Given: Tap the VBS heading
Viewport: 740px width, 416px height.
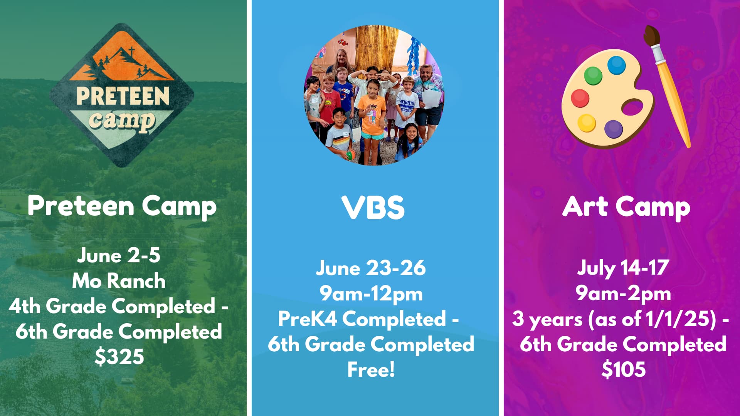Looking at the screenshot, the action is pyautogui.click(x=373, y=207).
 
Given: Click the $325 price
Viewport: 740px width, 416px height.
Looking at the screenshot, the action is pyautogui.click(x=119, y=357).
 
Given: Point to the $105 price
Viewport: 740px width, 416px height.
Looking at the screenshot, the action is pyautogui.click(x=623, y=369).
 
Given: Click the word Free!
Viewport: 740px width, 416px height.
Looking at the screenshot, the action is pyautogui.click(x=371, y=369).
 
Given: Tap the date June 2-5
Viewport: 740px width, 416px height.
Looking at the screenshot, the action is pyautogui.click(x=119, y=255).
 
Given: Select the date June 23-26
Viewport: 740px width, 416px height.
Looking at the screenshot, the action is pyautogui.click(x=371, y=268).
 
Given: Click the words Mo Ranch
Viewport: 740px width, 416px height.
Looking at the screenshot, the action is pyautogui.click(x=119, y=280).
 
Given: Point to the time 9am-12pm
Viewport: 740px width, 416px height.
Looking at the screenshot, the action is pyautogui.click(x=371, y=294).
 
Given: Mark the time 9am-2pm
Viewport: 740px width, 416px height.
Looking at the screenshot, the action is pyautogui.click(x=623, y=294).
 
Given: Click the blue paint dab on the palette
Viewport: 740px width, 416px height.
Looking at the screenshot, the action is pyautogui.click(x=617, y=65).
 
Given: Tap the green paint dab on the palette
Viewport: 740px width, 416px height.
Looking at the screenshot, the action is pyautogui.click(x=593, y=75).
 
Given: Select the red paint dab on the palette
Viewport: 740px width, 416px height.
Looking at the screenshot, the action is pyautogui.click(x=580, y=98).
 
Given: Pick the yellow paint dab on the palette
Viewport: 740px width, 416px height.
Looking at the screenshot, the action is pyautogui.click(x=587, y=123).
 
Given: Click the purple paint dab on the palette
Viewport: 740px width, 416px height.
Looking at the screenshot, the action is pyautogui.click(x=613, y=129).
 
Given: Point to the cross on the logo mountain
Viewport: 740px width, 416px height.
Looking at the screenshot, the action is pyautogui.click(x=131, y=52).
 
